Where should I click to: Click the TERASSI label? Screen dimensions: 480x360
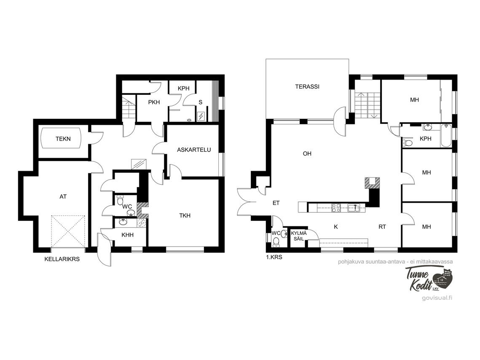pyautogui.click(x=307, y=87)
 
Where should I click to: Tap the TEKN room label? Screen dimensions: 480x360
pyautogui.click(x=63, y=139)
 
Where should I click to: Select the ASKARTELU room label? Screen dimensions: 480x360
pyautogui.click(x=194, y=150)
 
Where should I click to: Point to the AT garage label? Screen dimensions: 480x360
pyautogui.click(x=63, y=196)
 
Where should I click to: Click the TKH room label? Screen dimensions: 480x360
pyautogui.click(x=185, y=215)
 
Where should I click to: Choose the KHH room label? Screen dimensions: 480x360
pyautogui.click(x=127, y=235)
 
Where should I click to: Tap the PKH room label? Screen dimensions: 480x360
pyautogui.click(x=154, y=102)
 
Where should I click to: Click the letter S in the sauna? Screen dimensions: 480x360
pyautogui.click(x=201, y=102)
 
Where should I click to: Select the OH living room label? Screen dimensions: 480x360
pyautogui.click(x=307, y=154)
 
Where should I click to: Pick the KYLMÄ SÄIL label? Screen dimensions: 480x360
pyautogui.click(x=298, y=236)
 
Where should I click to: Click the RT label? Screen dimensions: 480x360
pyautogui.click(x=382, y=227)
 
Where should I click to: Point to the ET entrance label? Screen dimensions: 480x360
pyautogui.click(x=276, y=203)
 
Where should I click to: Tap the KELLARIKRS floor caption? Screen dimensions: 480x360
pyautogui.click(x=62, y=259)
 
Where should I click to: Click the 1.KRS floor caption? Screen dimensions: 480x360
pyautogui.click(x=274, y=257)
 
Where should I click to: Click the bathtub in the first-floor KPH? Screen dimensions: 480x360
pyautogui.click(x=446, y=136)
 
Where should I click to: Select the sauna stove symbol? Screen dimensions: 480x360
pyautogui.click(x=201, y=116)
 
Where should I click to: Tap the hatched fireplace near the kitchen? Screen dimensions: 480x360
pyautogui.click(x=372, y=183)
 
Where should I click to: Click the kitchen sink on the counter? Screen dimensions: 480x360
pyautogui.click(x=354, y=209)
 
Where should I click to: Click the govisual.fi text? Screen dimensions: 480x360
pyautogui.click(x=437, y=298)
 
